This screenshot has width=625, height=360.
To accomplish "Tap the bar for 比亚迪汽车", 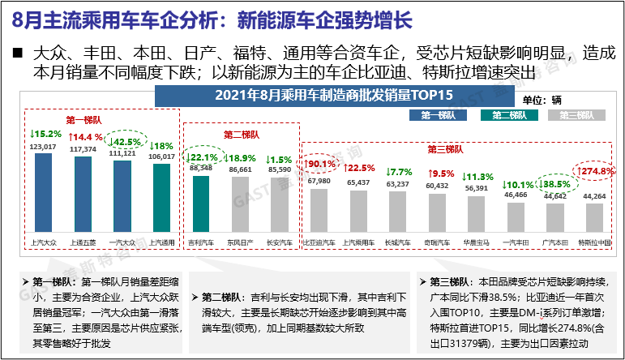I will (x=319, y=216).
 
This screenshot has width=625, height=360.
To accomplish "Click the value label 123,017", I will (x=43, y=147).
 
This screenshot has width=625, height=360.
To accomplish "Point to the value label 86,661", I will (x=240, y=169).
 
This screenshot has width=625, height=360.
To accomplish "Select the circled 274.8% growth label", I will (x=595, y=172).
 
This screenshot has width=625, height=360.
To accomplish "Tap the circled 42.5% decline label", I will (x=122, y=135).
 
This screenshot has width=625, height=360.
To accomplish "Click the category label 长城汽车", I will (x=397, y=242).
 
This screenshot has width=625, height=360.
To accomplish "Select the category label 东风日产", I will (x=240, y=242).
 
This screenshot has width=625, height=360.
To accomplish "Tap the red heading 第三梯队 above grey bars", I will (x=447, y=149).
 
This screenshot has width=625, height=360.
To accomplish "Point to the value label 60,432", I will (x=437, y=186).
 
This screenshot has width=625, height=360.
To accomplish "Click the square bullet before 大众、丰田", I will (x=17, y=54).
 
